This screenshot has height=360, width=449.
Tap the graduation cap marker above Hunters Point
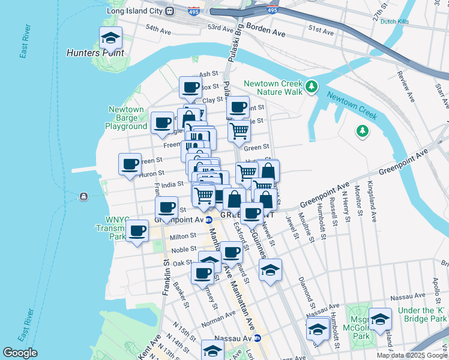tap(110, 38)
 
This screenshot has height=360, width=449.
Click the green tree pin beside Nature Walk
tap(311, 88)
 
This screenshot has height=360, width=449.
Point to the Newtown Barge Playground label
tap(126, 118)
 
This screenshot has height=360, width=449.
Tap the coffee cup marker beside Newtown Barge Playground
tap(162, 122)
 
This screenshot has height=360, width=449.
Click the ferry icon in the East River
tap(83, 196)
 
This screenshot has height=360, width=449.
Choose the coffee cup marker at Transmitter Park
tap(137, 231)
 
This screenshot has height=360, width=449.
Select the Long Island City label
tap(134, 11)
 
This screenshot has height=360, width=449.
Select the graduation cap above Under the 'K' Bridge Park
tap(380, 319)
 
